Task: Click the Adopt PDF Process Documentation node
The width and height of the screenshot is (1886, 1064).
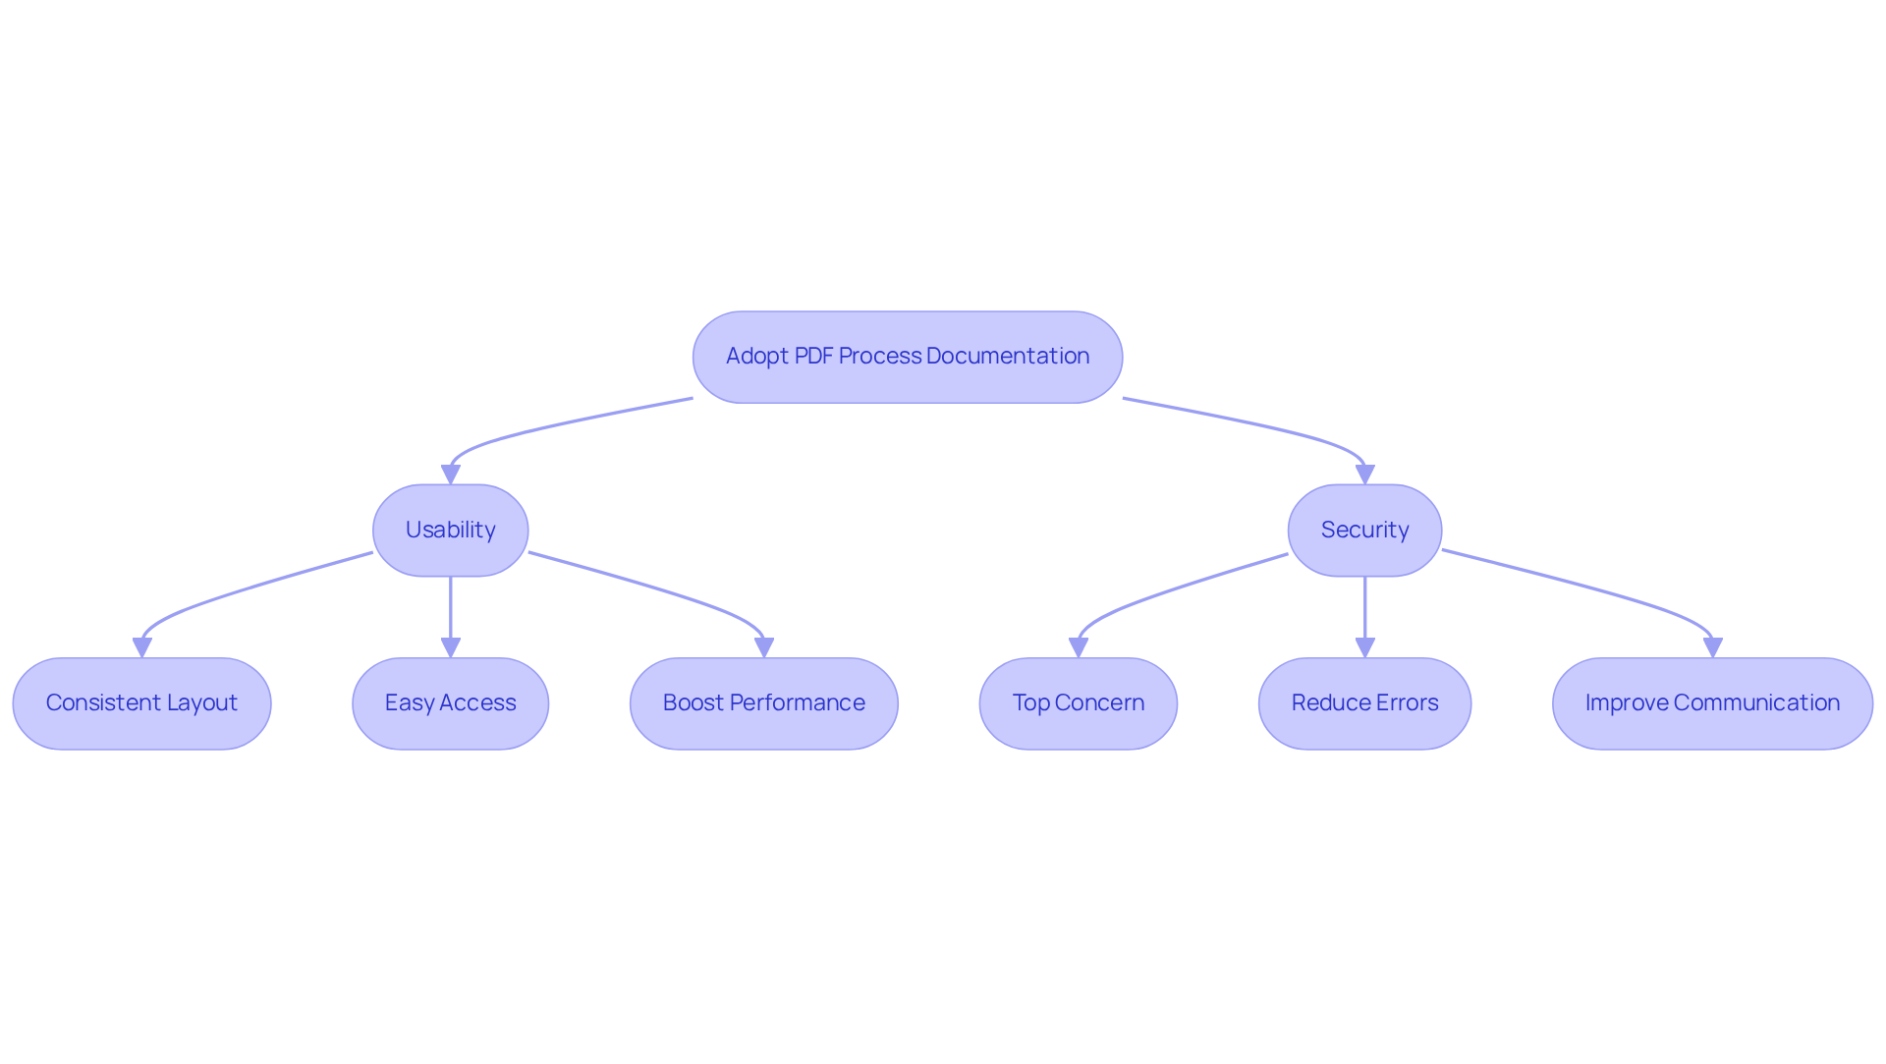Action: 907,357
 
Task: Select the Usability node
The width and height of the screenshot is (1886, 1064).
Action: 450,531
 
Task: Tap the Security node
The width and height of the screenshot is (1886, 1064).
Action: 1364,531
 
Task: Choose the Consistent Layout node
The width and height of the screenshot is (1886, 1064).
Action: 141,703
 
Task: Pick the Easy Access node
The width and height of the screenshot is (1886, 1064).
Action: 450,703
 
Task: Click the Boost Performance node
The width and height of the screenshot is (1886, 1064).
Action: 763,703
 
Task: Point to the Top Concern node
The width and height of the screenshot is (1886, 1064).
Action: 1078,703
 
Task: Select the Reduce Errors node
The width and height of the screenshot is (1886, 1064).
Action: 1364,703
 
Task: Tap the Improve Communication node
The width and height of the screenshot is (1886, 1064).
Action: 1712,703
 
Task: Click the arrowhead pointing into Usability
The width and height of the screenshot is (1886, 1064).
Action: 451,475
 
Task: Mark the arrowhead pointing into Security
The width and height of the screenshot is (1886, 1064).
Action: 1364,475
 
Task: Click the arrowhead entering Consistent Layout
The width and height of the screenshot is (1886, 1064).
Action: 142,647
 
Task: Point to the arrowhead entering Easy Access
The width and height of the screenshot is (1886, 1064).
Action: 451,647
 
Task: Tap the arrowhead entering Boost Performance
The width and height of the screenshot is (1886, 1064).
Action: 764,647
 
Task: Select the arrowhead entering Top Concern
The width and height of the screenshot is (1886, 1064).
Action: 1079,647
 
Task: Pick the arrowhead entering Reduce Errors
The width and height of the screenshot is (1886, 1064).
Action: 1364,647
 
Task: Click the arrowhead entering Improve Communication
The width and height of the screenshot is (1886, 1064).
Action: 1713,647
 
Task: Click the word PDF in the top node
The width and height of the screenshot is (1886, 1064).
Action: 813,356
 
